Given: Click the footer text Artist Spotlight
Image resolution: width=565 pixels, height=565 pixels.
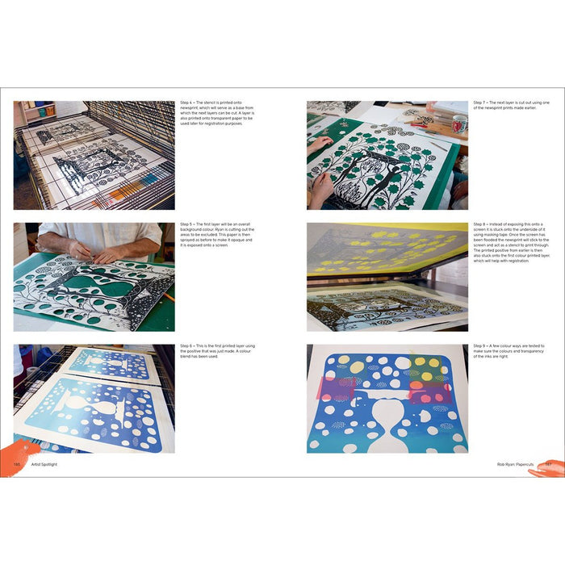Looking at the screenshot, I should click(x=44, y=464).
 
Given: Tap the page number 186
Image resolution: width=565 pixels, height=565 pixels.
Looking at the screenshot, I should click(x=16, y=464).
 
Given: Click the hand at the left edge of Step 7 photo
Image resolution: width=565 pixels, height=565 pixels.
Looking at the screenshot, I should click(x=318, y=145).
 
